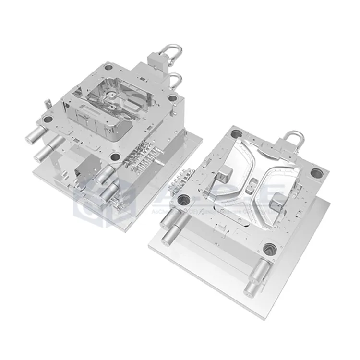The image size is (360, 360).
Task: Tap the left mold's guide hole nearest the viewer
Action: click(x=114, y=156)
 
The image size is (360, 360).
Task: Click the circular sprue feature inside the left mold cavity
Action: click(x=111, y=98)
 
